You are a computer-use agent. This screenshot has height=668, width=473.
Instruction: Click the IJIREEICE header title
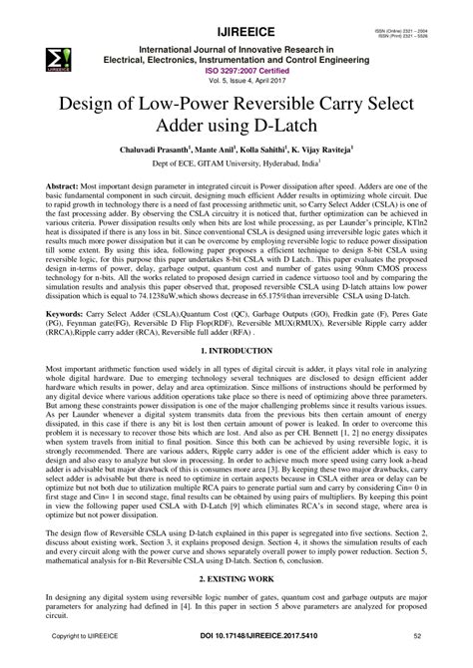click(236, 14)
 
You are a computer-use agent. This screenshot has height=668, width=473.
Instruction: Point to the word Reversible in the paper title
click(274, 106)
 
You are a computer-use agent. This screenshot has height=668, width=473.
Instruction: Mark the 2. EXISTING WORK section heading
click(236, 578)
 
